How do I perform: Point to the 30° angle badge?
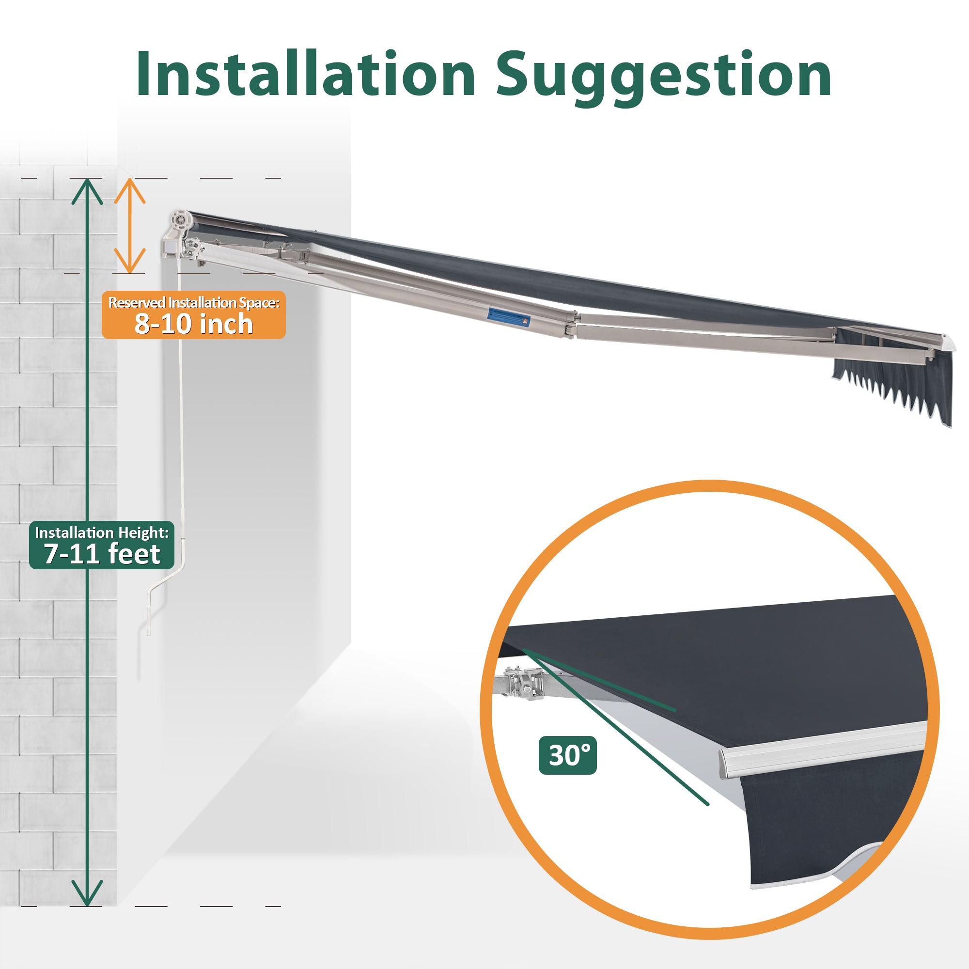click(x=568, y=755)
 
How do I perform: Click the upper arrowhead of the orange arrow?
click(x=130, y=191)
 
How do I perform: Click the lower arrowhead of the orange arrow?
click(x=130, y=261)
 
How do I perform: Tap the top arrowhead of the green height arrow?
click(x=87, y=191)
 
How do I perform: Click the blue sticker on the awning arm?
click(x=508, y=318)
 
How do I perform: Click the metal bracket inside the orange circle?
click(x=524, y=683)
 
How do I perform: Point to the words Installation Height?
click(x=101, y=532)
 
